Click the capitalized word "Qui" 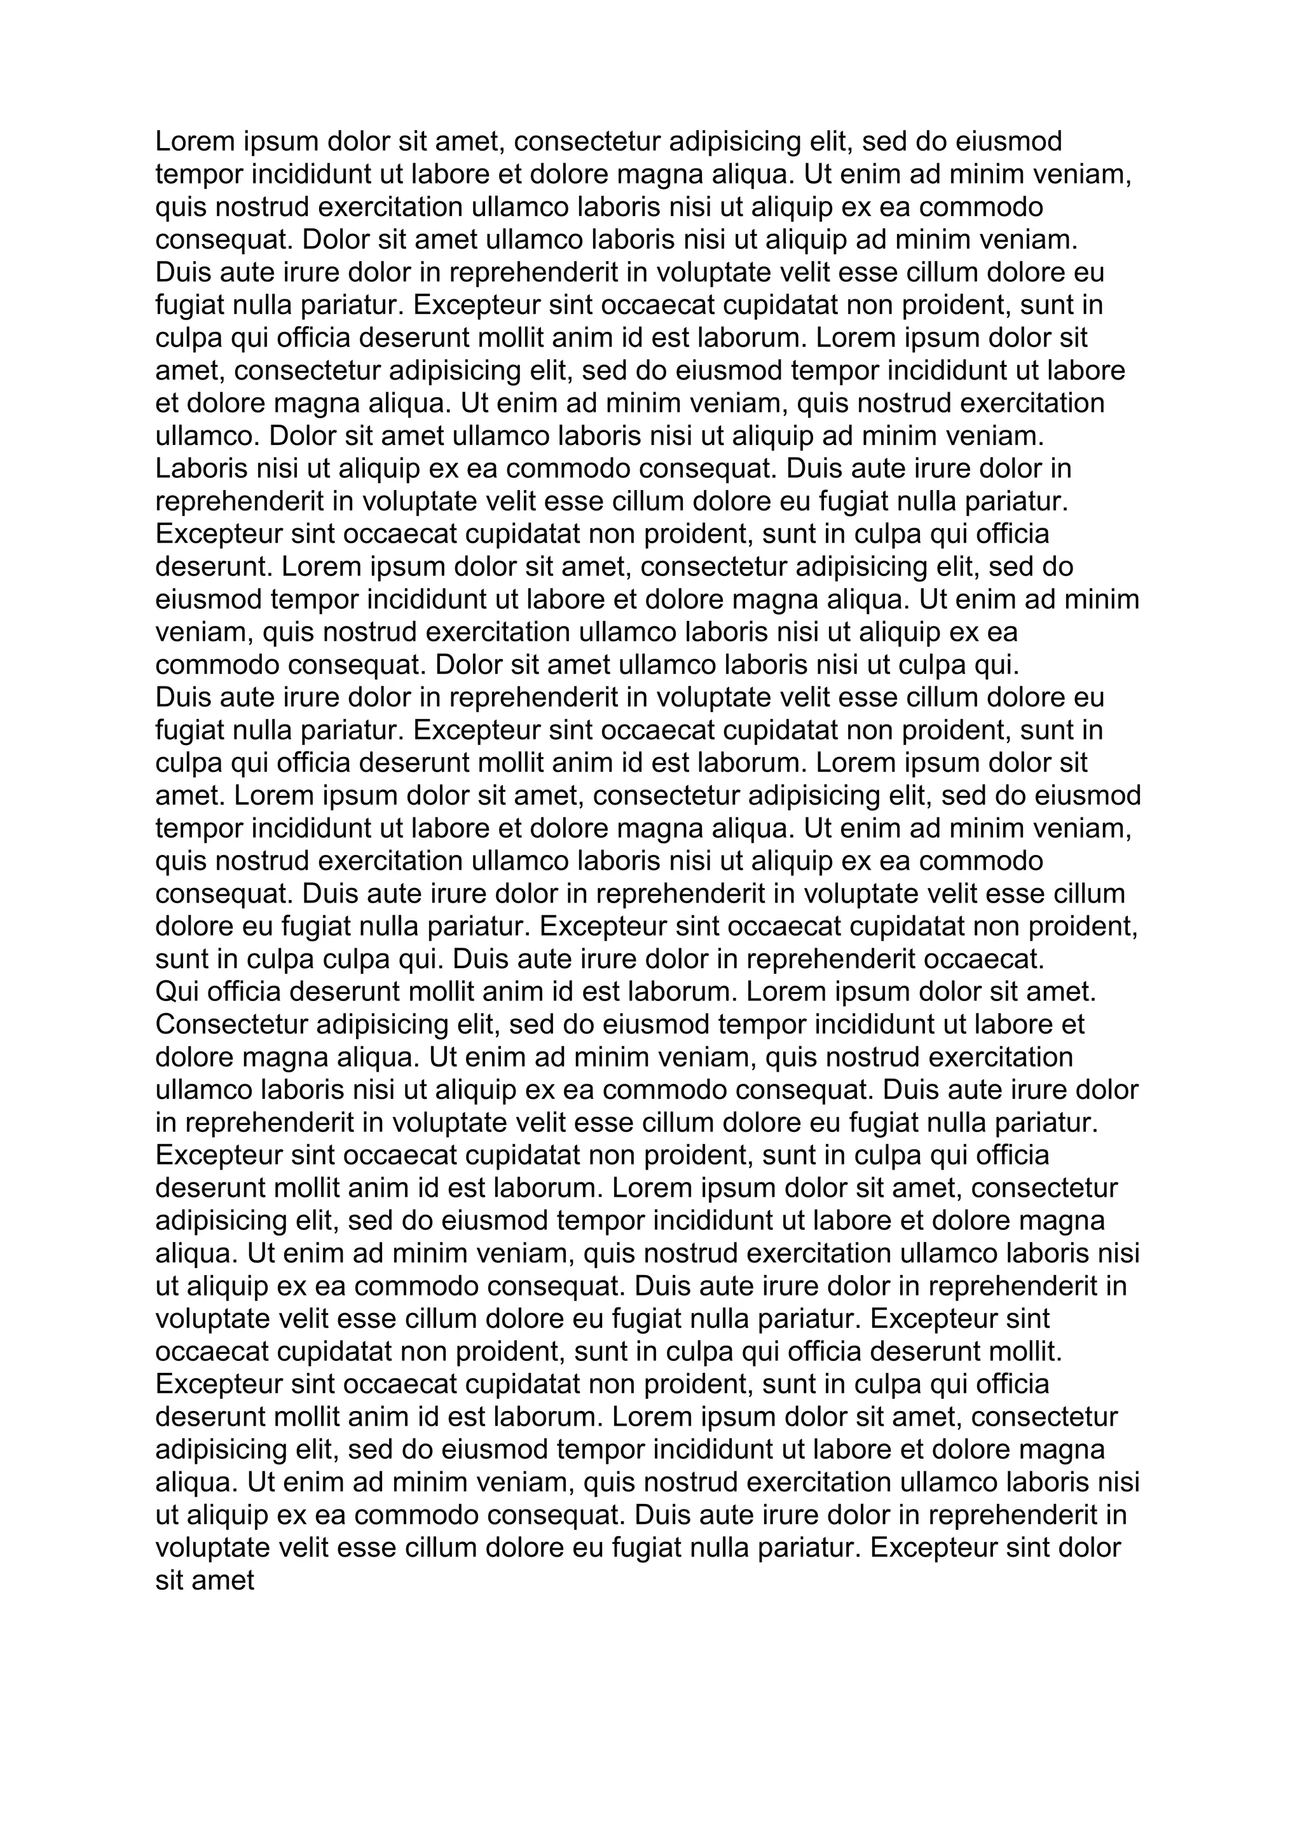[177, 992]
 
